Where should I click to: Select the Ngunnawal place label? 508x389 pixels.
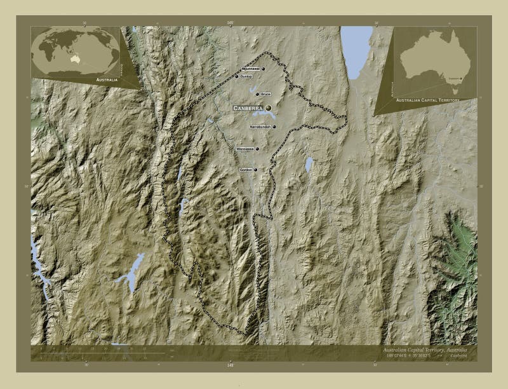[x=251, y=69]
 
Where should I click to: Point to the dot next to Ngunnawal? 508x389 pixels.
[x=263, y=69]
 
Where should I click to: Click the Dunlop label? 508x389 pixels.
[x=246, y=76]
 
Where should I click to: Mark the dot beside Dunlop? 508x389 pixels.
[x=236, y=76]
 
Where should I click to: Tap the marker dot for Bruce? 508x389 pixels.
[x=257, y=94]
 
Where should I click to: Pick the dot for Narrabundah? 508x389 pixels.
[x=274, y=126]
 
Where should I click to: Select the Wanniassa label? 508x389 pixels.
[x=244, y=149]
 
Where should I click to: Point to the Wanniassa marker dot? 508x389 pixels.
[x=257, y=149]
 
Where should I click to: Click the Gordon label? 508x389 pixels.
[x=246, y=170]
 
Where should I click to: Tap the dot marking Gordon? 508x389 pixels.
[x=255, y=170]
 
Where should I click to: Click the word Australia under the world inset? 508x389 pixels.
[x=107, y=80]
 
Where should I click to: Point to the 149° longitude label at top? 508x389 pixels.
[x=230, y=22]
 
